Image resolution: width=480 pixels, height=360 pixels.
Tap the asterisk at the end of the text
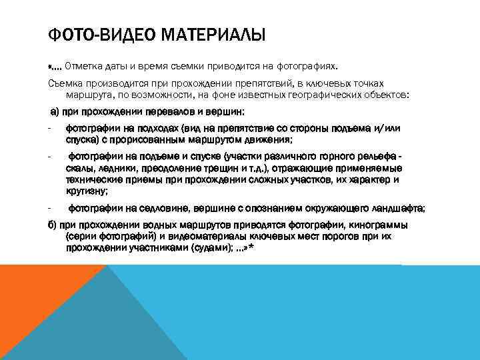pyautogui.click(x=251, y=247)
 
